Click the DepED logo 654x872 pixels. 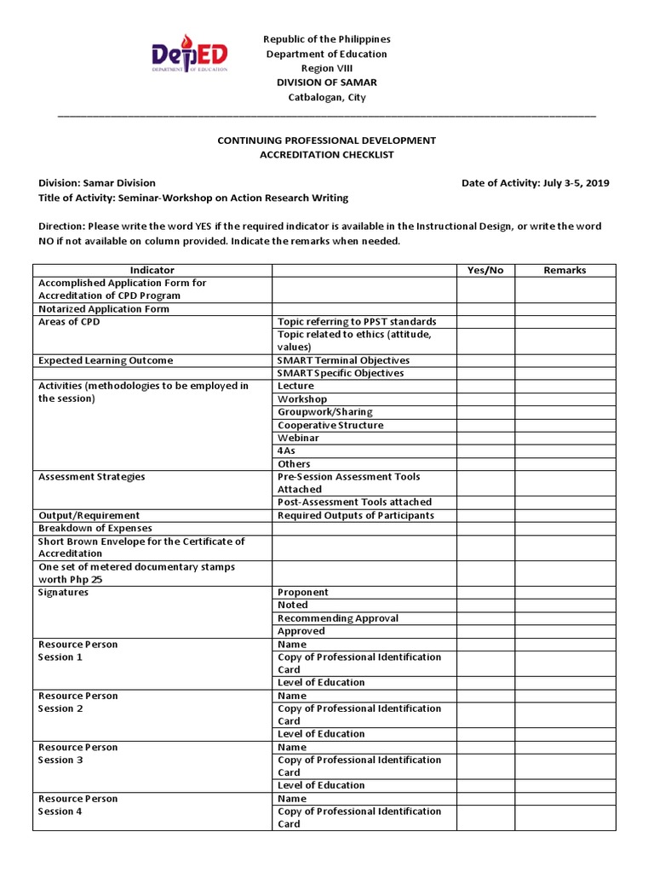tap(189, 56)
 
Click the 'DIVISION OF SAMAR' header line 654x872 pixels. tap(326, 83)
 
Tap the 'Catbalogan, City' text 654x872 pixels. tap(326, 97)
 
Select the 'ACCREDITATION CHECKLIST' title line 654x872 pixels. tap(327, 154)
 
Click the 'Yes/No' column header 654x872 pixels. tap(485, 270)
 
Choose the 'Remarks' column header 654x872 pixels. tap(565, 270)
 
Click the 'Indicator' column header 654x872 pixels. tap(152, 270)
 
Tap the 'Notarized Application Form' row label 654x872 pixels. tap(104, 309)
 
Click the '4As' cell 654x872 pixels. tap(287, 450)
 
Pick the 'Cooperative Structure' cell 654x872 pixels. tap(330, 425)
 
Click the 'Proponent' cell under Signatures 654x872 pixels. tap(303, 592)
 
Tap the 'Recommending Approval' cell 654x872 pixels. tap(338, 618)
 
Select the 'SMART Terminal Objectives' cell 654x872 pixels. tap(343, 360)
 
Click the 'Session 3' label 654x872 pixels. tap(60, 760)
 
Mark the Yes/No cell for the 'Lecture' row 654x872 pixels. tap(485, 386)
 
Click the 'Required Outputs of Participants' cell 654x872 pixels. tap(356, 515)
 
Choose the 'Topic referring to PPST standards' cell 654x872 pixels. tap(357, 322)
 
